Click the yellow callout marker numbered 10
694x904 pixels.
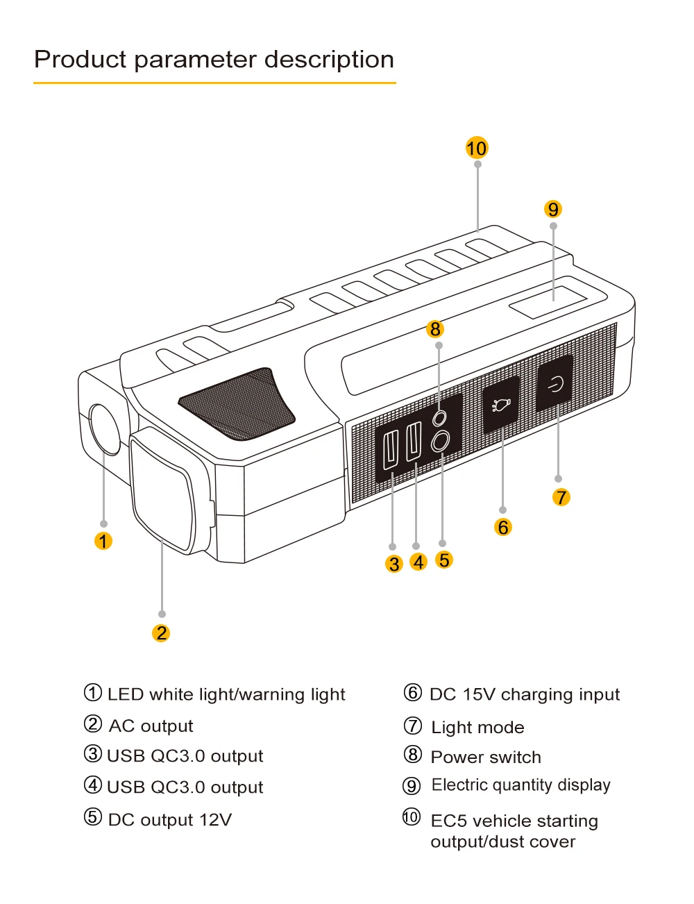477,148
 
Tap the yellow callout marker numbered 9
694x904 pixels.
553,209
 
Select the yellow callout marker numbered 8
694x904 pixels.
436,328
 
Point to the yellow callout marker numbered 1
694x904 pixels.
103,541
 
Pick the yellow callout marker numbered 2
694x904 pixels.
161,633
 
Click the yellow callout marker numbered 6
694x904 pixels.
503,527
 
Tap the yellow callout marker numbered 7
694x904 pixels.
561,497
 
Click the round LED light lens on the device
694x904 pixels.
105,429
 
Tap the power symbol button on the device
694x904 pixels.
555,384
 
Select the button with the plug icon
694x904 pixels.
501,404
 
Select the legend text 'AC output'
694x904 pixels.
151,726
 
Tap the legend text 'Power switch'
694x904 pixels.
486,757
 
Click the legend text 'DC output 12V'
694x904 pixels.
169,820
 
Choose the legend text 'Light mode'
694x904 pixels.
477,727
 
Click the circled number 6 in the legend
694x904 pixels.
413,693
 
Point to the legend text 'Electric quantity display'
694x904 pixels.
520,785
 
